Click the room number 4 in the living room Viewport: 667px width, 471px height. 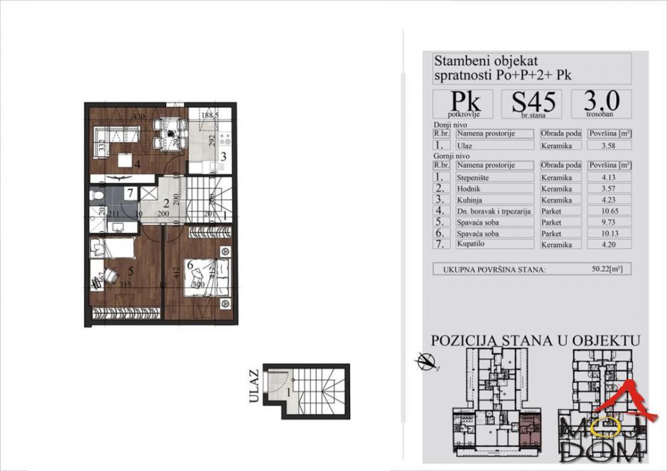[137, 163]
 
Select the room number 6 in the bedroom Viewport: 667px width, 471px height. [190, 266]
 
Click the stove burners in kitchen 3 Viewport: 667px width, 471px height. [225, 141]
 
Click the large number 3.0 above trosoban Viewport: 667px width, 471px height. [601, 100]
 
